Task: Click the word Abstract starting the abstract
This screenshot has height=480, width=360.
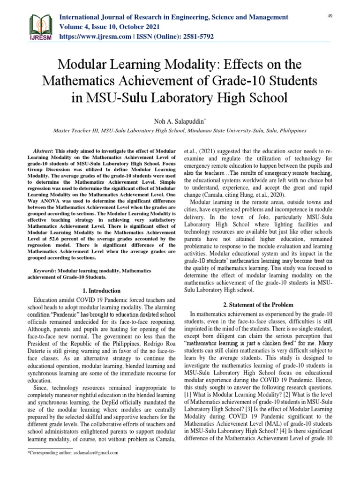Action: coord(48,151)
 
